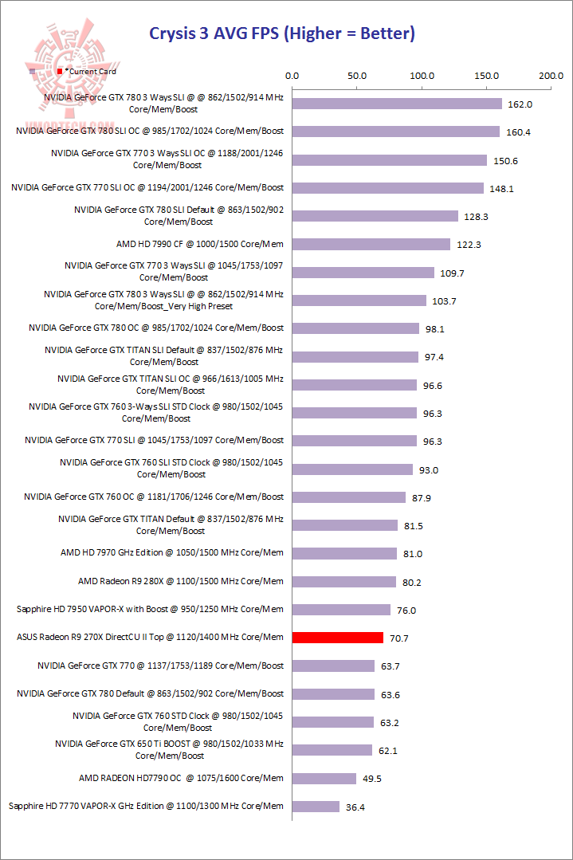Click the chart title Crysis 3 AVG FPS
click(283, 33)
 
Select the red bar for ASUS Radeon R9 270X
click(338, 638)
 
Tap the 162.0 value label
click(520, 104)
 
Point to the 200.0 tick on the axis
click(551, 76)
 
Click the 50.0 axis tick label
click(357, 76)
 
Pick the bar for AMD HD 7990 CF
click(371, 245)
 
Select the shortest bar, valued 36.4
click(316, 807)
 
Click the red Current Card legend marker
click(60, 72)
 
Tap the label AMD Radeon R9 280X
click(181, 581)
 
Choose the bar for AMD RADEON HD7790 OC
click(324, 779)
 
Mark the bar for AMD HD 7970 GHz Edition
click(344, 553)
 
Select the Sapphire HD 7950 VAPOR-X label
click(150, 610)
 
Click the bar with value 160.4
click(396, 132)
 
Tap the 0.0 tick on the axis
click(292, 76)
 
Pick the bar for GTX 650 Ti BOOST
click(332, 750)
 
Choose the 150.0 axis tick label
click(486, 76)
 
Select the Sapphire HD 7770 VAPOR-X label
click(146, 806)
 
